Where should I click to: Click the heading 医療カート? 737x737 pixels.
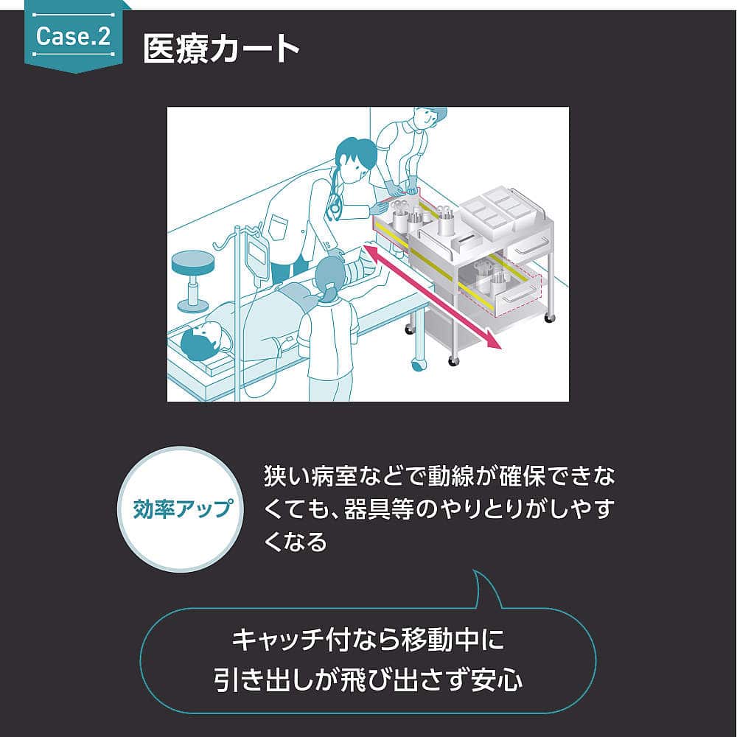pos(221,50)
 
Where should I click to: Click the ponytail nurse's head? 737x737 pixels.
pos(329,277)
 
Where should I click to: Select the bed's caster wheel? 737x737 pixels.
pos(419,363)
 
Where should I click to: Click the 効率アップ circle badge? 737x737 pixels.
pos(181,509)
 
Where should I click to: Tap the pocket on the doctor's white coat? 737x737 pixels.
pos(278,226)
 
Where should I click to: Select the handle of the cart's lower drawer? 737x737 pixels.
pos(516,293)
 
